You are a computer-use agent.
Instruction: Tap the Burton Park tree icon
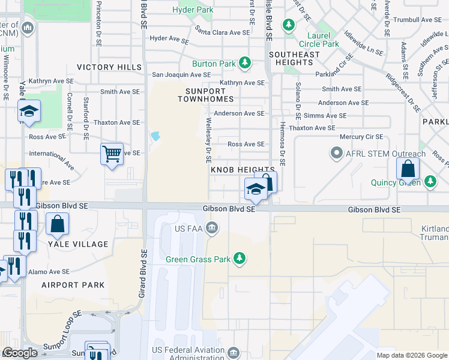pos(244,63)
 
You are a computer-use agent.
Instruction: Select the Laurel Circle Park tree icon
pos(289,25)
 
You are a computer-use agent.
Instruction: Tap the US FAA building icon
pos(212,227)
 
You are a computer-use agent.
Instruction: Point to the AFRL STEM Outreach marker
pos(336,154)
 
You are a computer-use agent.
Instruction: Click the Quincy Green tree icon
pos(430,181)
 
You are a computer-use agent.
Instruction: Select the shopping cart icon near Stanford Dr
pos(112,154)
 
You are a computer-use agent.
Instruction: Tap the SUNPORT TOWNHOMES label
pos(205,94)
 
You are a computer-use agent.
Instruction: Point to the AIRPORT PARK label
pos(73,285)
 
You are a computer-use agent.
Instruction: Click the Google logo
pos(20,353)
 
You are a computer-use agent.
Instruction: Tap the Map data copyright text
pos(412,355)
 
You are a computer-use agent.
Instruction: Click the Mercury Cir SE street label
pos(361,137)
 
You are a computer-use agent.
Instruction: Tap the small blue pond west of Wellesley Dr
pos(156,136)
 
